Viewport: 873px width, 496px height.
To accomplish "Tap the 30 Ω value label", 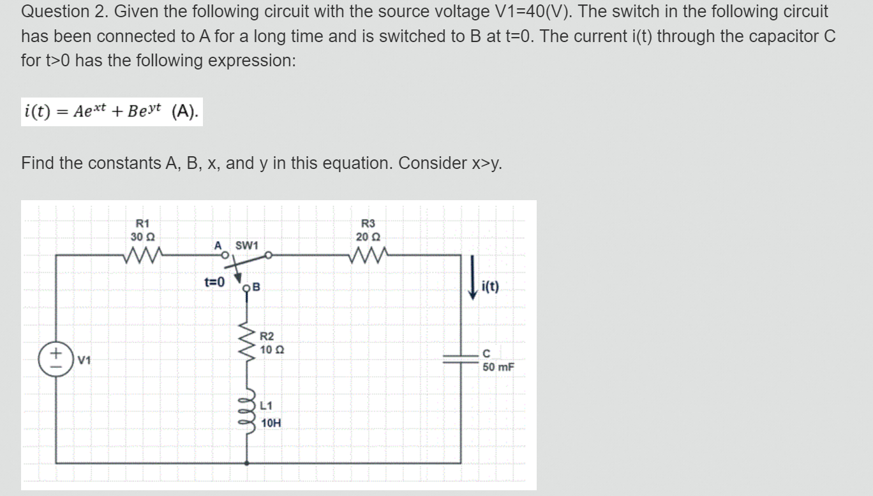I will coord(140,237).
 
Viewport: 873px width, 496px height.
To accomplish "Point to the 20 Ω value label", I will coord(368,237).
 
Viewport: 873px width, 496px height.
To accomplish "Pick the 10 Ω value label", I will coord(272,349).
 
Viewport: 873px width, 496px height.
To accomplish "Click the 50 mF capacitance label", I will coord(498,367).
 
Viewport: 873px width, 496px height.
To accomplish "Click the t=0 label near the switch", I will coord(214,282).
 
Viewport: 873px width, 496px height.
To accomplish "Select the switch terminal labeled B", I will coord(248,288).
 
